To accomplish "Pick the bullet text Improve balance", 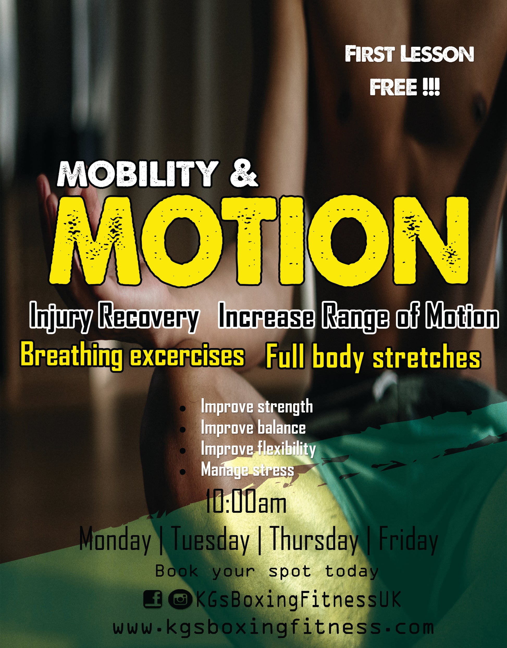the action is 253,428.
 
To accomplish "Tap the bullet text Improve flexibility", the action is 258,449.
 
